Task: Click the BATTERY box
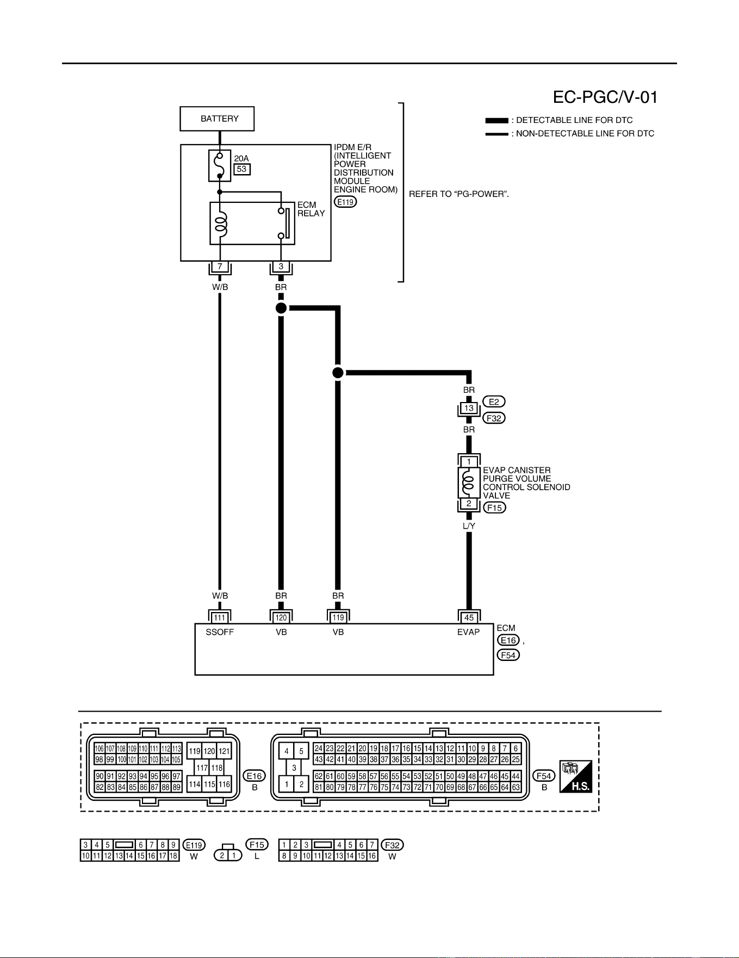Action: pos(217,119)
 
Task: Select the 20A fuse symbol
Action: pos(220,165)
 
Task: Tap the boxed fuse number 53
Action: pos(242,169)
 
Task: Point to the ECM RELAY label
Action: pos(311,209)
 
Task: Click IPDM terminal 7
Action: pos(220,267)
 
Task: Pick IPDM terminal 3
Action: pos(281,267)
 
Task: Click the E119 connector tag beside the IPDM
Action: pos(345,202)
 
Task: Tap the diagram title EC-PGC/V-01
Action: pos(605,97)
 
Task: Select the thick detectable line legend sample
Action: pos(496,120)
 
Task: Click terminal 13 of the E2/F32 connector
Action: pos(469,408)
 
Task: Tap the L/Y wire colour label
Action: pos(469,526)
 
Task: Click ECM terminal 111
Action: pos(220,617)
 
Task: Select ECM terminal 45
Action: pos(469,617)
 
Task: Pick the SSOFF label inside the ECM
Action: pos(220,632)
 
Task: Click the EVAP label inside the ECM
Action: pos(468,632)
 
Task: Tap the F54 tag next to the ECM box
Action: pos(508,655)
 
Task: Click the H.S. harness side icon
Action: pos(576,776)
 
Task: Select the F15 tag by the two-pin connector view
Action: pos(257,844)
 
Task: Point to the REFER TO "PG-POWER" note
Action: pos(459,194)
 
